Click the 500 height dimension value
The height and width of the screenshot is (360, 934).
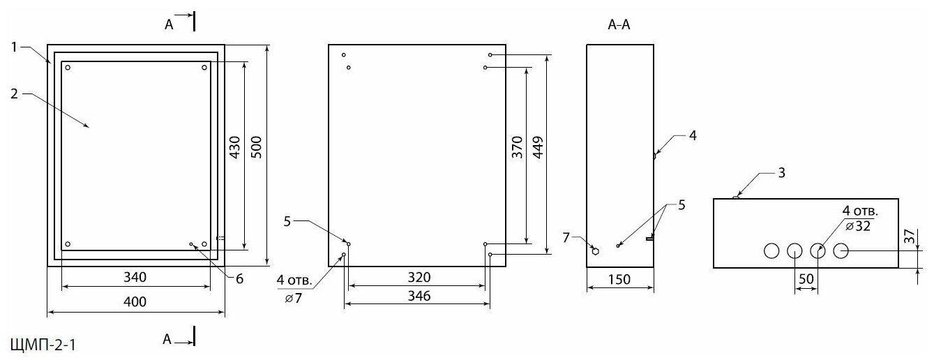256,149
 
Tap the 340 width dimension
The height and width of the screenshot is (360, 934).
135,277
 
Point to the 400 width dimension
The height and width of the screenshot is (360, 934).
135,301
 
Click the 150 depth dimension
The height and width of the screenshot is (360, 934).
619,280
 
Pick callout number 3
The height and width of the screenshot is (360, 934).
781,172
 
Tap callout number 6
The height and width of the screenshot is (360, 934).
239,278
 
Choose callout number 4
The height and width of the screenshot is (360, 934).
692,135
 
